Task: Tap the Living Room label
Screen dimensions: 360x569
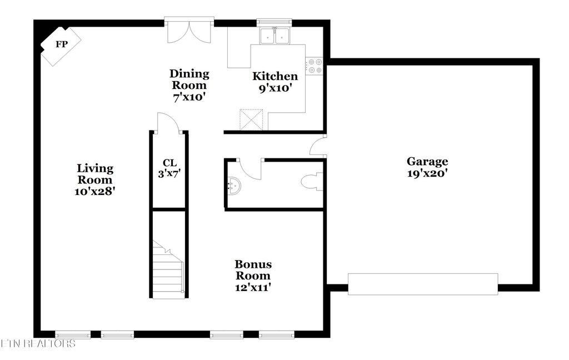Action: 95,174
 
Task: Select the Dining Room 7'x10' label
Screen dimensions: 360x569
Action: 189,85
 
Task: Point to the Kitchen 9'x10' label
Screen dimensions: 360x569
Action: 275,82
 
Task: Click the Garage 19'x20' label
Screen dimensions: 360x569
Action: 427,167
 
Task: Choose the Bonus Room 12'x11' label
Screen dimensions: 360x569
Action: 253,276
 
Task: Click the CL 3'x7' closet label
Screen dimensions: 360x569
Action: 169,168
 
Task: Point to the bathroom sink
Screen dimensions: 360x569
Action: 235,185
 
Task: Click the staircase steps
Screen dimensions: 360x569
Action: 168,269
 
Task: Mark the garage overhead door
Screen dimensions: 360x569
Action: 423,284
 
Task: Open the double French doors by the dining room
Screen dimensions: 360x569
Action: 189,31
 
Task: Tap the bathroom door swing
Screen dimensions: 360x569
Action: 249,169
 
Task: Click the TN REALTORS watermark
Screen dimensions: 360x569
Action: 38,344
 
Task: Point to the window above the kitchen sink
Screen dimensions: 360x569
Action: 275,23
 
